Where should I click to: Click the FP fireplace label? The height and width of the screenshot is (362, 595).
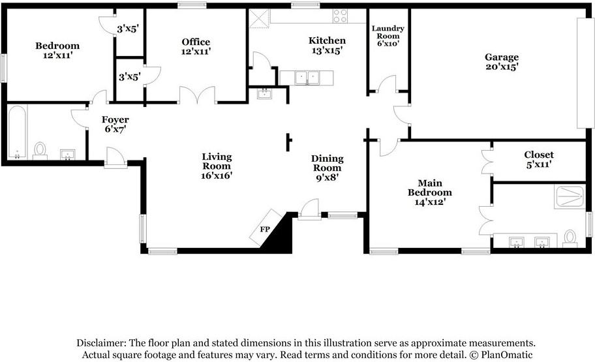click(x=265, y=229)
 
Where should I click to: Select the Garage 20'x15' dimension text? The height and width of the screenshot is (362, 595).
click(x=502, y=67)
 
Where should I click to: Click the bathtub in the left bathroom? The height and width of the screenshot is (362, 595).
click(x=17, y=132)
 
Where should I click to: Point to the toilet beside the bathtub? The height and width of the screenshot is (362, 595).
click(x=40, y=151)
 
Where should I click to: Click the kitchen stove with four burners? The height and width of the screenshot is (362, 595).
click(x=340, y=16)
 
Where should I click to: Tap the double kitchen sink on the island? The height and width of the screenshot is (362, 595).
click(x=307, y=78)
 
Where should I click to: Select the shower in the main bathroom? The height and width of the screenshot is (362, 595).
click(x=570, y=196)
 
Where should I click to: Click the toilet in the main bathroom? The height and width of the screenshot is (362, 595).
click(x=570, y=239)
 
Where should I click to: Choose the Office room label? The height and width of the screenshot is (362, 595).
click(x=196, y=42)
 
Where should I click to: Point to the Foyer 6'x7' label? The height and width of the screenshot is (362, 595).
click(x=115, y=125)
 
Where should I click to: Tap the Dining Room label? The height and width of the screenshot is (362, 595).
click(x=327, y=163)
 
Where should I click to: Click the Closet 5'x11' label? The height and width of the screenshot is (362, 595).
click(x=539, y=159)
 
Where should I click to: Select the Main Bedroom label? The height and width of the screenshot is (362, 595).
click(x=430, y=187)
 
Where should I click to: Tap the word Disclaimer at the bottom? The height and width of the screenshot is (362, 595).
click(x=101, y=343)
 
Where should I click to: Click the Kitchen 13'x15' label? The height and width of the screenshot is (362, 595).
click(x=327, y=45)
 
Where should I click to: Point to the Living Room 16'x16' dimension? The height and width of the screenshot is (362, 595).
click(x=217, y=175)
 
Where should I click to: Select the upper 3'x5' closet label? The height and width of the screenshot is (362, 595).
click(x=128, y=29)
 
